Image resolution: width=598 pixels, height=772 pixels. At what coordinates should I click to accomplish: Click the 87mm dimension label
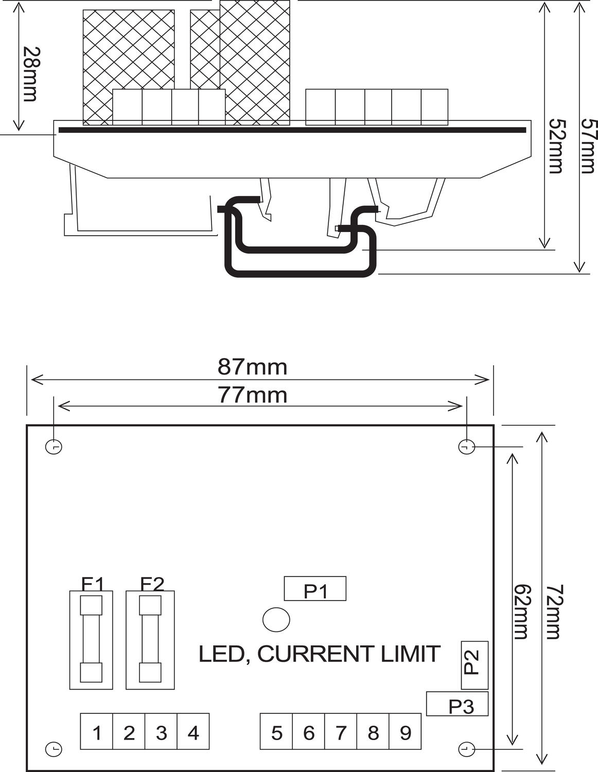(252, 367)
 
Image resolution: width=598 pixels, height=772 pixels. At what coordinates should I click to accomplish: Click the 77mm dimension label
(252, 395)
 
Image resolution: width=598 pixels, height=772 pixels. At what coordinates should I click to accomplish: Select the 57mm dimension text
(588, 146)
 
